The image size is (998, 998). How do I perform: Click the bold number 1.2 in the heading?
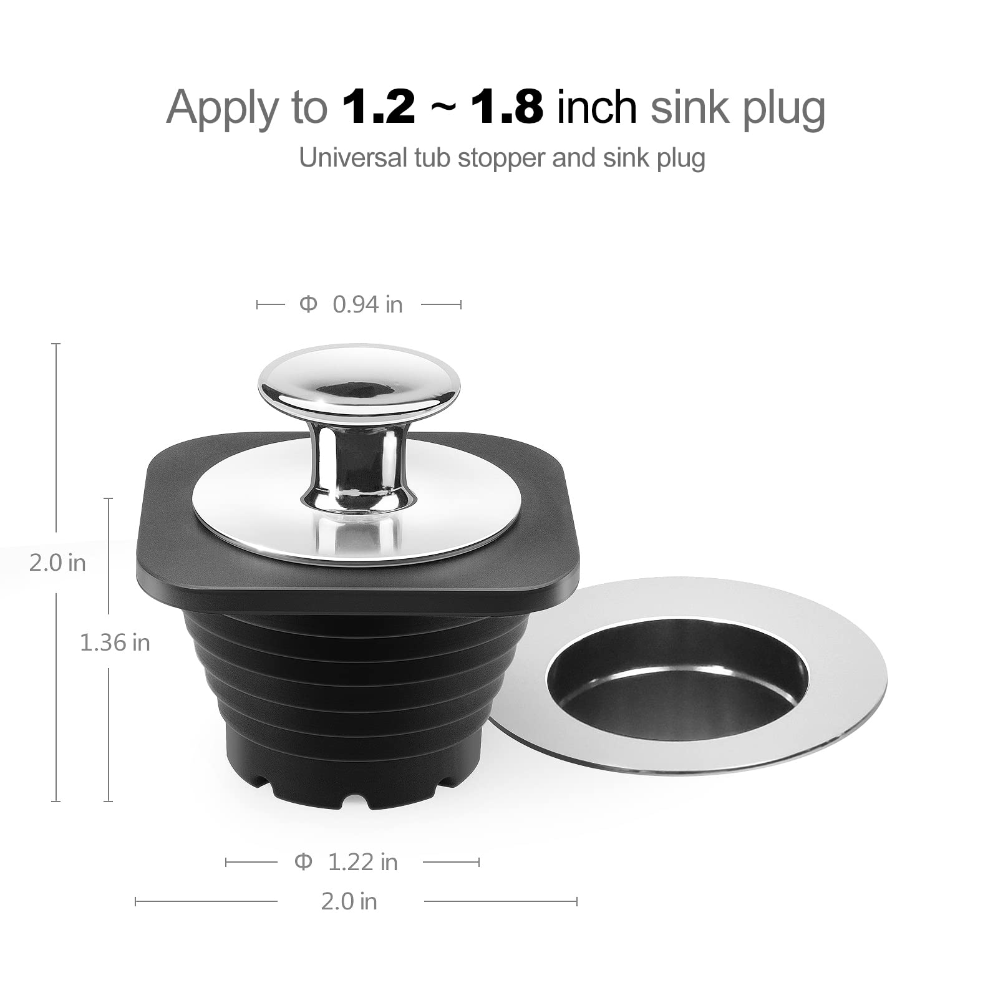tap(378, 107)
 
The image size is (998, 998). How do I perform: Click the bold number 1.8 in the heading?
tap(506, 107)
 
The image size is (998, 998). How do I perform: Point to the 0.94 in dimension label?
tap(367, 304)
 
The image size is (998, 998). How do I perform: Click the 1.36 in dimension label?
tap(115, 642)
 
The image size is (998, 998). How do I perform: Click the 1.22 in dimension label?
tap(362, 862)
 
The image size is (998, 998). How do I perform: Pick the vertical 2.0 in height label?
tap(57, 563)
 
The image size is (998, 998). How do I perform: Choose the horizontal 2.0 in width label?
tap(349, 901)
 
